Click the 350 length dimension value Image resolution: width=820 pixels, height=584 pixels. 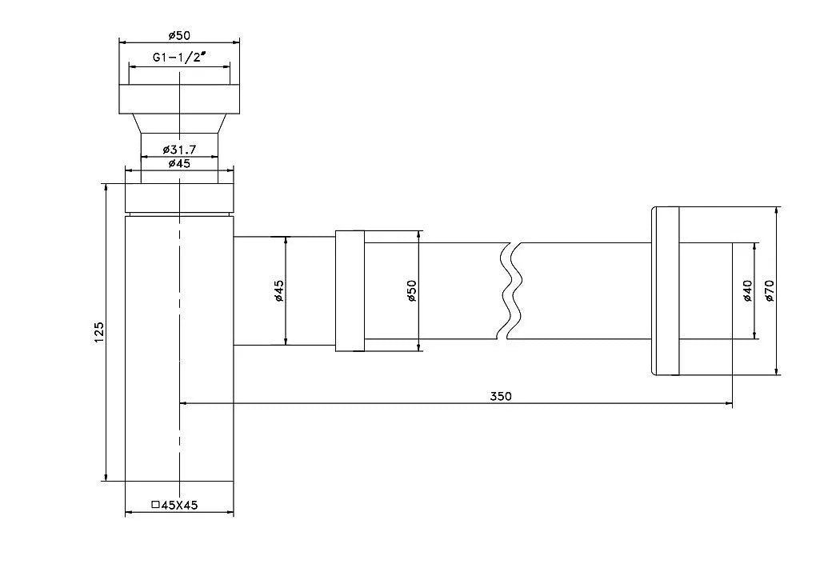(501, 395)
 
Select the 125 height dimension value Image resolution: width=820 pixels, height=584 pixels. (98, 331)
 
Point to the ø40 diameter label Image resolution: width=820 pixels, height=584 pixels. (746, 290)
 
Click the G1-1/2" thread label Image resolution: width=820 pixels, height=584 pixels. (180, 58)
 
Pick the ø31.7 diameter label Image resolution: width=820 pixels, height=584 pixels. (179, 150)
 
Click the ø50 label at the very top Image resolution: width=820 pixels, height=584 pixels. (179, 34)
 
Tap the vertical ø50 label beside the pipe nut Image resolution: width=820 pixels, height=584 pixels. (411, 290)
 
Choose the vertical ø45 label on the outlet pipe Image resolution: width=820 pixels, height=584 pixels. (278, 290)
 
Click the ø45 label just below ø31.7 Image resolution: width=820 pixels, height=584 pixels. (179, 163)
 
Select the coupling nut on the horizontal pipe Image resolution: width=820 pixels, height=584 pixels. (349, 290)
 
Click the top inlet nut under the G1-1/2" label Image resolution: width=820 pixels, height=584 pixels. (179, 97)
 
